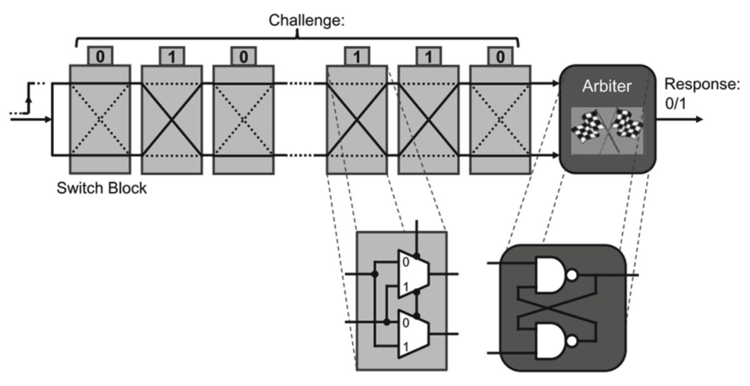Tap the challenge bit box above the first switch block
100,56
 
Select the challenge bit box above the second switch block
172,56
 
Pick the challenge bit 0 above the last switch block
500,56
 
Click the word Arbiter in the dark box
607,86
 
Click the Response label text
702,84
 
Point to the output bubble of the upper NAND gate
572,275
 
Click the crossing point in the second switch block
172,120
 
